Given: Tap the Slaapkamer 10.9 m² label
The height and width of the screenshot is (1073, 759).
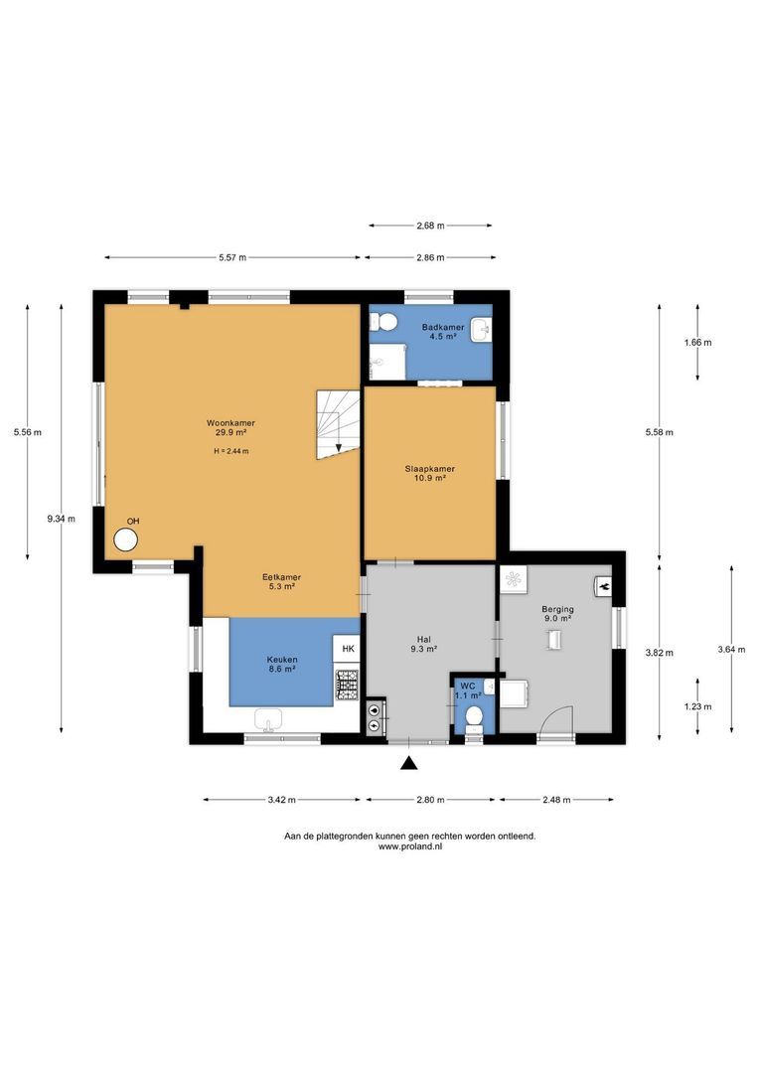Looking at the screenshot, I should pos(429,473).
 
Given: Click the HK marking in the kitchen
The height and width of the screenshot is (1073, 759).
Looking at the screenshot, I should pos(348,649).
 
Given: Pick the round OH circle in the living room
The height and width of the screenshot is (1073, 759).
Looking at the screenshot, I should pos(126,539).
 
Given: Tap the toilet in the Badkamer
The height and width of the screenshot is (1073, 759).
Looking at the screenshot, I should pos(385,321).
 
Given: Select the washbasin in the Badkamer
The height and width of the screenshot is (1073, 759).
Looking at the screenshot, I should pos(481,329).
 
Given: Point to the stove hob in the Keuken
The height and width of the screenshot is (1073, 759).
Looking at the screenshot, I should pos(347,682).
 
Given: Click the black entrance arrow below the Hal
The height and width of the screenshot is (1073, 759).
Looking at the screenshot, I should pos(407,763).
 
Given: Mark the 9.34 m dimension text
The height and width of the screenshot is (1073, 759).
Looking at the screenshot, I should pos(61,518).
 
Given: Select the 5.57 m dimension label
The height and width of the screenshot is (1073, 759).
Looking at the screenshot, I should pos(232,257).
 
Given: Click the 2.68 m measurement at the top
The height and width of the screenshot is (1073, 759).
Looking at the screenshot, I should pos(430,226).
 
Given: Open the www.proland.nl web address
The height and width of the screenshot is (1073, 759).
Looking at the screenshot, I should pos(409,847).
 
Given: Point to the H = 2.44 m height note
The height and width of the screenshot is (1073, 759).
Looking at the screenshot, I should pos(230,451).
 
